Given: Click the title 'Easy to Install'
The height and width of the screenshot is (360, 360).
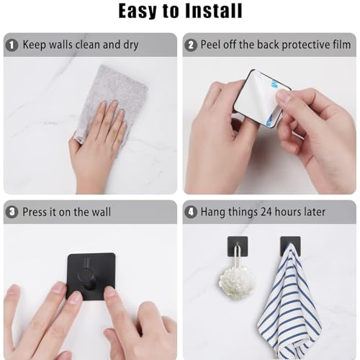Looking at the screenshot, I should pos(180,11).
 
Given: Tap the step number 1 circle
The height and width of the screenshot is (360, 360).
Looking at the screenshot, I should pos(12,45).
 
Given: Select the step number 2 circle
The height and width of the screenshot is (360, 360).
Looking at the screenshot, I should pos(192,45).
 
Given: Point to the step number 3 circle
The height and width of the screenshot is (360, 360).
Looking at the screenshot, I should pos(12,212).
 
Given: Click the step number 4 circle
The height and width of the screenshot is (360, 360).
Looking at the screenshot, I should pos(192,212).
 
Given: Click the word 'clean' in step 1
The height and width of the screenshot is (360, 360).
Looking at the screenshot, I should pos(86,45).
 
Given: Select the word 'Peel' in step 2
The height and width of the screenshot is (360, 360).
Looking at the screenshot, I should pos(212,45).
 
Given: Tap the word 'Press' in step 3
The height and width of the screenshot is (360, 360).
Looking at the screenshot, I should pos(36,212).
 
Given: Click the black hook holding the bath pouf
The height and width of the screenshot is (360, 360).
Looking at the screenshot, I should pos(238,245).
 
